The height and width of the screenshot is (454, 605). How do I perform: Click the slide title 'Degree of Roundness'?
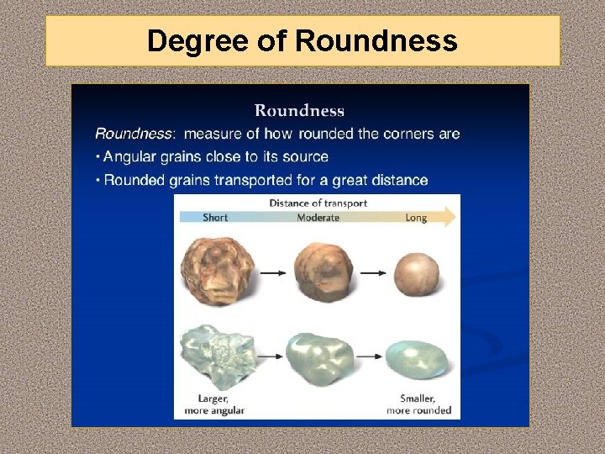[x=302, y=40]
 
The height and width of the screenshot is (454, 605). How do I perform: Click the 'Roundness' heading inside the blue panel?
[x=299, y=110]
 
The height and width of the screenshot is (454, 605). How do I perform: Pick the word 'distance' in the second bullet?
[x=397, y=180]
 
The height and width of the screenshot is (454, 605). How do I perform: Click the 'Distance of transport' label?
[x=318, y=203]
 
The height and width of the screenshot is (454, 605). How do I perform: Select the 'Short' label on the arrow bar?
[x=215, y=218]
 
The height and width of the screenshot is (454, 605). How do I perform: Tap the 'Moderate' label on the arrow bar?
[x=318, y=218]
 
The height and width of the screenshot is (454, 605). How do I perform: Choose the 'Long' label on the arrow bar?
[x=415, y=218]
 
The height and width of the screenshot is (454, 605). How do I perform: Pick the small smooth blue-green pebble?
[x=418, y=360]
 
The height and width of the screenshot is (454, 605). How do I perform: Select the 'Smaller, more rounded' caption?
[x=418, y=404]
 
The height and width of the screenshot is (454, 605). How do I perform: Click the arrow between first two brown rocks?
[x=272, y=272]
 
